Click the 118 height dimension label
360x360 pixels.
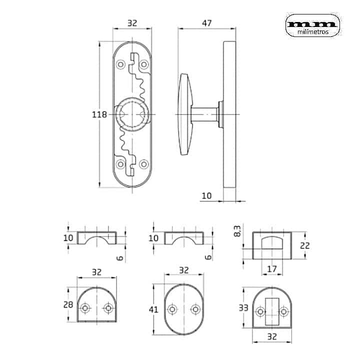(x=99, y=114)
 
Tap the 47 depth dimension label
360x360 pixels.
(x=206, y=23)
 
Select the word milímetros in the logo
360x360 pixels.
(x=313, y=32)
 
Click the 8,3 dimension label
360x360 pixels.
(x=237, y=231)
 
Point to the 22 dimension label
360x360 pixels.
(x=304, y=245)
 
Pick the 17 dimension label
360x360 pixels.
(x=272, y=269)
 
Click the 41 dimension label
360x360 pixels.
(x=153, y=309)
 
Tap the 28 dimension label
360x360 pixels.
(x=68, y=304)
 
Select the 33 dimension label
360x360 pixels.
(x=243, y=307)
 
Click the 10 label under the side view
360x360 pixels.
(x=206, y=196)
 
